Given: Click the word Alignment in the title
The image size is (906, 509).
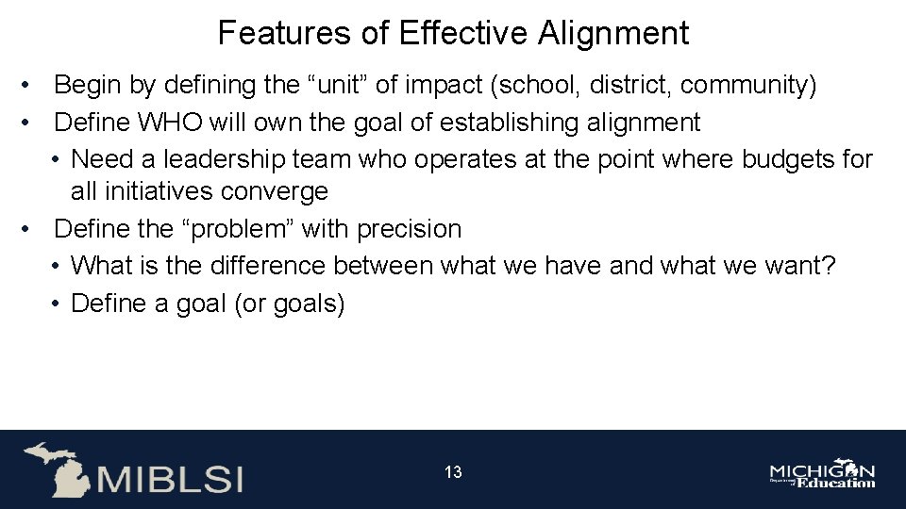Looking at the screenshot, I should (613, 34).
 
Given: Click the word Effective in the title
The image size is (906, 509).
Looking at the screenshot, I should (463, 34).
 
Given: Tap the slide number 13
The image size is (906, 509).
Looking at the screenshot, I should (453, 472).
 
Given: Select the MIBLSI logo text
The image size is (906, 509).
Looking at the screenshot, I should (169, 478).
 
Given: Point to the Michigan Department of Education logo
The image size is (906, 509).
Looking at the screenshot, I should (822, 475).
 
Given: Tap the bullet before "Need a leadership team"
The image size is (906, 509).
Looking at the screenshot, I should (57, 159).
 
